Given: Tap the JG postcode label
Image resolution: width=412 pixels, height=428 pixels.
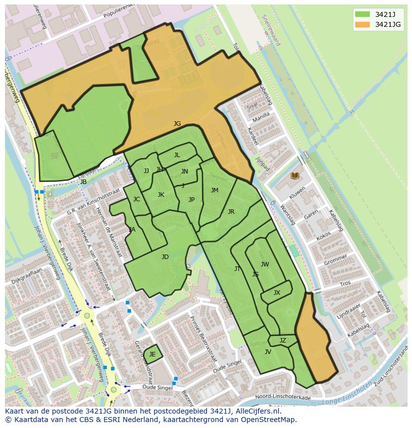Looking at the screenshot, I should (177, 124).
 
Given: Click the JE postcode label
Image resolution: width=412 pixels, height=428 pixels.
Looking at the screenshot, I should (152, 354).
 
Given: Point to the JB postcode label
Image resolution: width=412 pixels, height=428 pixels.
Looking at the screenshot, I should (83, 182).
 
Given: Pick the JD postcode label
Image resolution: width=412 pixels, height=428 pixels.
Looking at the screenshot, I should (165, 257).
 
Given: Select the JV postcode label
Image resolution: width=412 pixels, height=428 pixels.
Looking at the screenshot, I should (268, 352).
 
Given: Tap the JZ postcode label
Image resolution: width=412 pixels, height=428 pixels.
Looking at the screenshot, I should (283, 341).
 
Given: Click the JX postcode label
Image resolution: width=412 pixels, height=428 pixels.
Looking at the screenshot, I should (277, 293).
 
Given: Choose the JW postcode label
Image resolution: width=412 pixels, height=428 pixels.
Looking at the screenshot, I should (265, 264).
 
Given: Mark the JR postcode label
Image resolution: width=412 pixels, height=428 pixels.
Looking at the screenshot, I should (231, 212).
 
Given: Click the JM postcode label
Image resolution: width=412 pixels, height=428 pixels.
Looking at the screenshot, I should (214, 190).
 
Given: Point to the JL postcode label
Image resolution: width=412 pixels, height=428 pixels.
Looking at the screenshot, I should (177, 155).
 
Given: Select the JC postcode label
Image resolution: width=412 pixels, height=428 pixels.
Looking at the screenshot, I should (136, 199).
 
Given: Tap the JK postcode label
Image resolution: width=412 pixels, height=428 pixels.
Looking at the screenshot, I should (161, 195).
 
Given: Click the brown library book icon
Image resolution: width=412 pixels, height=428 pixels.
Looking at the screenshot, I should (295, 175).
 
